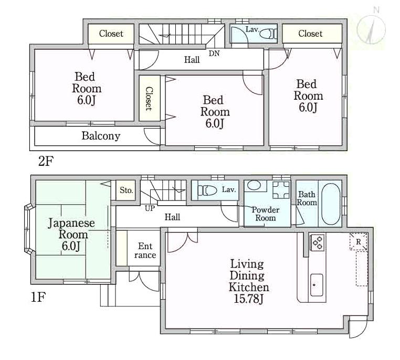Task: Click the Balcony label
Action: coord(101,136)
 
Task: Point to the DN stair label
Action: coord(214,54)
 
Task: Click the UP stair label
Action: coord(150,208)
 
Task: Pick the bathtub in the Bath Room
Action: coord(330,203)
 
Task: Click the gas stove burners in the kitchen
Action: coord(318,242)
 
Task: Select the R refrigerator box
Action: coord(358,242)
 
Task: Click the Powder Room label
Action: coord(265,214)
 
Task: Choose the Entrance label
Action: coord(145,250)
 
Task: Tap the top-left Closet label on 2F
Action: coord(111,34)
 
